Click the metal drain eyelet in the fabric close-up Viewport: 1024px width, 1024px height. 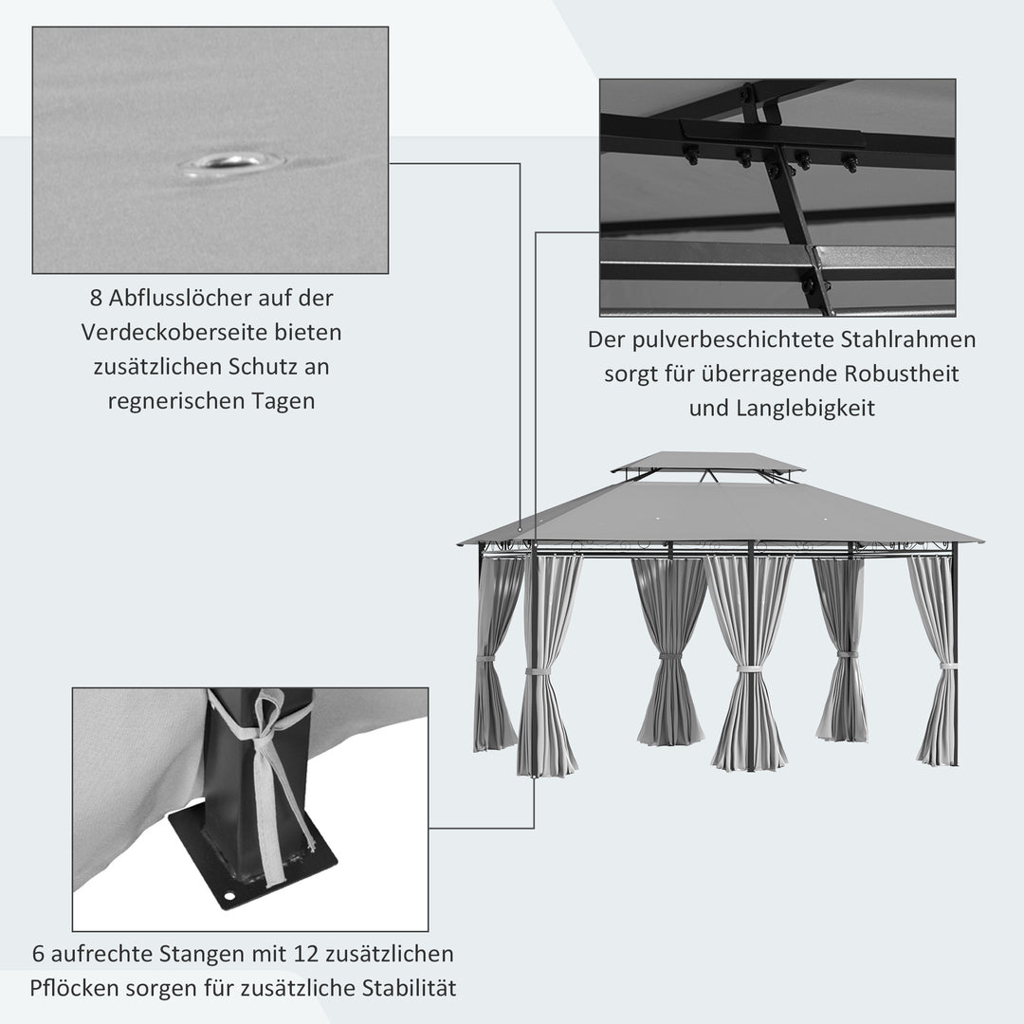coord(230,163)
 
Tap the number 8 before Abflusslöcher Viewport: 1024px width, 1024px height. coord(96,298)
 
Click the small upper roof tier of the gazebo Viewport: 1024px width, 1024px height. coord(707,462)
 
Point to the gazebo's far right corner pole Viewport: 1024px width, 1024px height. coord(955,654)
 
